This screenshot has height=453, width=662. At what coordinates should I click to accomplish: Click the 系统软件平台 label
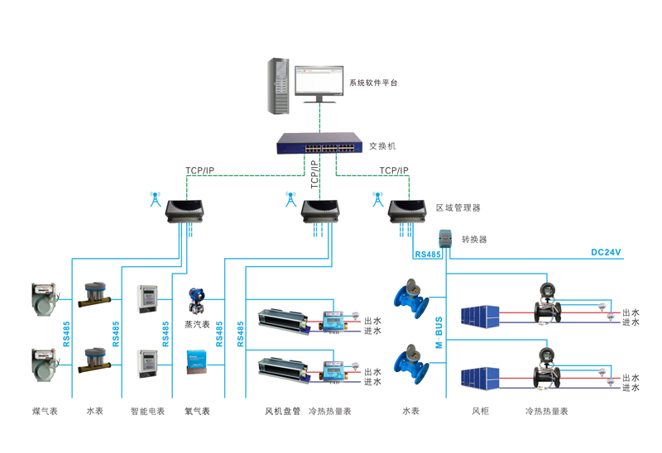[x=373, y=83]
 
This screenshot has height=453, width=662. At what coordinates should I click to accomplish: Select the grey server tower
[x=279, y=86]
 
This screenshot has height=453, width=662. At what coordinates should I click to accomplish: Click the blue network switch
[x=319, y=145]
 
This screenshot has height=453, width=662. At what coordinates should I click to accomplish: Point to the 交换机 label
[x=382, y=145]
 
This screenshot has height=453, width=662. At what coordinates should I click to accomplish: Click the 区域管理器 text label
[x=458, y=207]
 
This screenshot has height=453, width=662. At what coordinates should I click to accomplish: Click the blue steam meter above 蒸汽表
[x=198, y=298]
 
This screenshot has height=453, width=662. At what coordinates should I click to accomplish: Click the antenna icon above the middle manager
[x=290, y=199]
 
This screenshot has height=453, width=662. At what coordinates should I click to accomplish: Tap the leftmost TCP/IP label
[x=199, y=171]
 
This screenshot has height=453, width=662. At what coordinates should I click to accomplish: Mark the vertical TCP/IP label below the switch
[x=314, y=176]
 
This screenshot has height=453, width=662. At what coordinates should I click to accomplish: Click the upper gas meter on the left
[x=42, y=297]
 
